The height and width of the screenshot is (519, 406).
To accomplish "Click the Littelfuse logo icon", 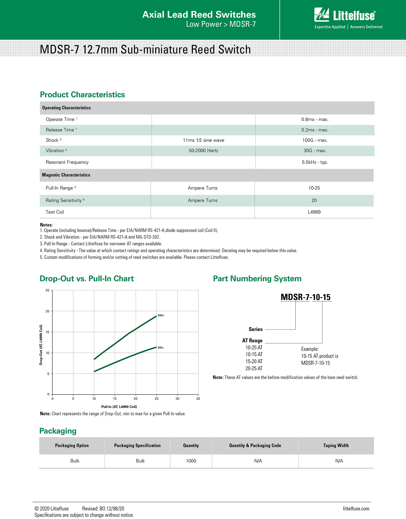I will pos(321,15).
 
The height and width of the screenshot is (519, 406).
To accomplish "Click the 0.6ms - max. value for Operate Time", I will pos(315,119).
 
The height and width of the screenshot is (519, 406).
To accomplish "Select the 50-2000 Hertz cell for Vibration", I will pos(203,151).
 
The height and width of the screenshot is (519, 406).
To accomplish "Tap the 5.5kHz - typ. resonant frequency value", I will pos(315,162).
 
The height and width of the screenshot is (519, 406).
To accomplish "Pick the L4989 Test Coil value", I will pos(314,212).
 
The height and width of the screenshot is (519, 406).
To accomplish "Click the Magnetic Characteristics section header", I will pos(66,175).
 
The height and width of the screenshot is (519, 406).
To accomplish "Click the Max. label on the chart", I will pos(161,315).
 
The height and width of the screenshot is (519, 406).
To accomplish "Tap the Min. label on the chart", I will pos(161,348).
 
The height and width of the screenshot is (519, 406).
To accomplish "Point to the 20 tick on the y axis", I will pos(48,311).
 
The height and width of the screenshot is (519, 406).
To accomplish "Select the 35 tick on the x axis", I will pos(198,399).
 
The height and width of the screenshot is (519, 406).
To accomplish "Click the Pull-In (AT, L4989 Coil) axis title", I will pos(119,407).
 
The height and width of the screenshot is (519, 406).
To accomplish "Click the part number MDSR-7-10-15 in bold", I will pos(306,297).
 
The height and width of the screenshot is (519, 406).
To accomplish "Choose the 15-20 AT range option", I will pos(254,362).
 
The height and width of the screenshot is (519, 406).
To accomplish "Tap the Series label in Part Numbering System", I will pos(255,329).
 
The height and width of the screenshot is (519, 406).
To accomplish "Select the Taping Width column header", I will pos(336,446).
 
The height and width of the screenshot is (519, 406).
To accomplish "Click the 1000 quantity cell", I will pos(191,461).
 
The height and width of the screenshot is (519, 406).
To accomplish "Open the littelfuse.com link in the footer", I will pos(356,509).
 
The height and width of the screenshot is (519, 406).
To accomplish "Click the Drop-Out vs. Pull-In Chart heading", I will pos(87,279).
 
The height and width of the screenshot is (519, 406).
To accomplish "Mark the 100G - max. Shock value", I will pos(315,140).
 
